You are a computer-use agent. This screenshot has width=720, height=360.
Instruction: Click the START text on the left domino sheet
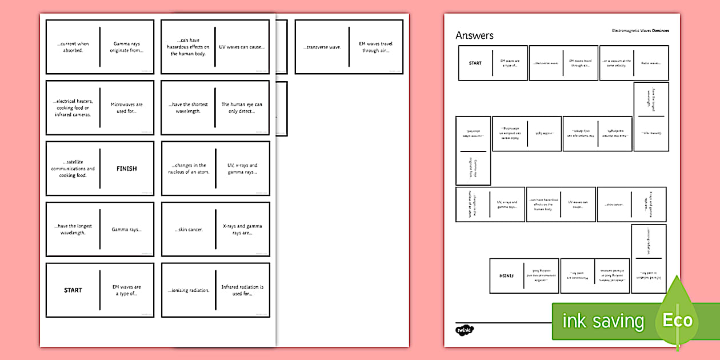(73, 290)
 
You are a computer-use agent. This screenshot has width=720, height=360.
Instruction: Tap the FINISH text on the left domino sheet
(127, 169)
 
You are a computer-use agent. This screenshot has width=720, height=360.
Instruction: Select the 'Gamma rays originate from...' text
(127, 47)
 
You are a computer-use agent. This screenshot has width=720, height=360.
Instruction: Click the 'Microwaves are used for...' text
(127, 108)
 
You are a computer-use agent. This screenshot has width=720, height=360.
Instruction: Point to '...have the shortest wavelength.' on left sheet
(188, 108)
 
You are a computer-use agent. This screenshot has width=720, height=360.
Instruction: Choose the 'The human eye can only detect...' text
(242, 108)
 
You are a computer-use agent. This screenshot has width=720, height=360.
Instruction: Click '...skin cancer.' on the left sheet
(188, 230)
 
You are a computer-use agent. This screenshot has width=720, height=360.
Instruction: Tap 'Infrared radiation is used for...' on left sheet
(242, 290)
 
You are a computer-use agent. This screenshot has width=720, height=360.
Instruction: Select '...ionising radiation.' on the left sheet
(188, 290)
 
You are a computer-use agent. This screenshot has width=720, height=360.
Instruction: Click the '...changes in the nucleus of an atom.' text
(188, 169)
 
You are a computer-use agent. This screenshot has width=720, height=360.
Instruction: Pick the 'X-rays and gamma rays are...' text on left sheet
(242, 230)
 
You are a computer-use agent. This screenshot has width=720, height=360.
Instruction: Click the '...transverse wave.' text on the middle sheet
(322, 47)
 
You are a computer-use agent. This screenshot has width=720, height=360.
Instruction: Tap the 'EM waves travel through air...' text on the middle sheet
(375, 47)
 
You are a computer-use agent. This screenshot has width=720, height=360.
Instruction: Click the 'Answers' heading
(474, 35)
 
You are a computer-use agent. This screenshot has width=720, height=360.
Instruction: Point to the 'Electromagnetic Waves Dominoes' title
(640, 30)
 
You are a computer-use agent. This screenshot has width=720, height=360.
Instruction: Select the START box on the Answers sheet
(475, 63)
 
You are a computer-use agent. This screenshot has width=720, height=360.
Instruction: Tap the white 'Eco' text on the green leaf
(677, 320)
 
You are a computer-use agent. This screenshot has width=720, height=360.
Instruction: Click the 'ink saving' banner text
(603, 321)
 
